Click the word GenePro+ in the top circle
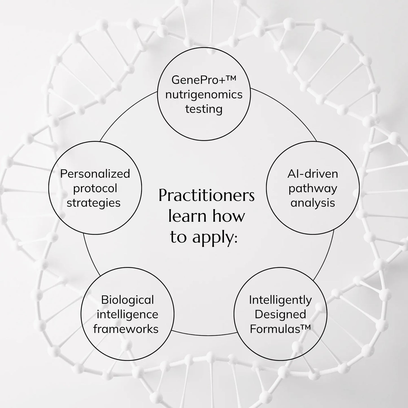(x=198, y=80)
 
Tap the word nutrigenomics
(x=204, y=95)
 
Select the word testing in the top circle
(x=204, y=109)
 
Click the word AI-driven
(x=313, y=174)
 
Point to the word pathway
(x=313, y=189)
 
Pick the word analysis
(x=313, y=203)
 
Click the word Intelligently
(x=280, y=300)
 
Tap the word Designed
(x=280, y=314)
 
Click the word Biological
(x=127, y=300)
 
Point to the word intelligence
(x=127, y=314)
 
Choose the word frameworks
(x=126, y=329)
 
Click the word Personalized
(x=95, y=174)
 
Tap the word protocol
(x=95, y=189)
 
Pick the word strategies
(x=93, y=203)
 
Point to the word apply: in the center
(x=215, y=237)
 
